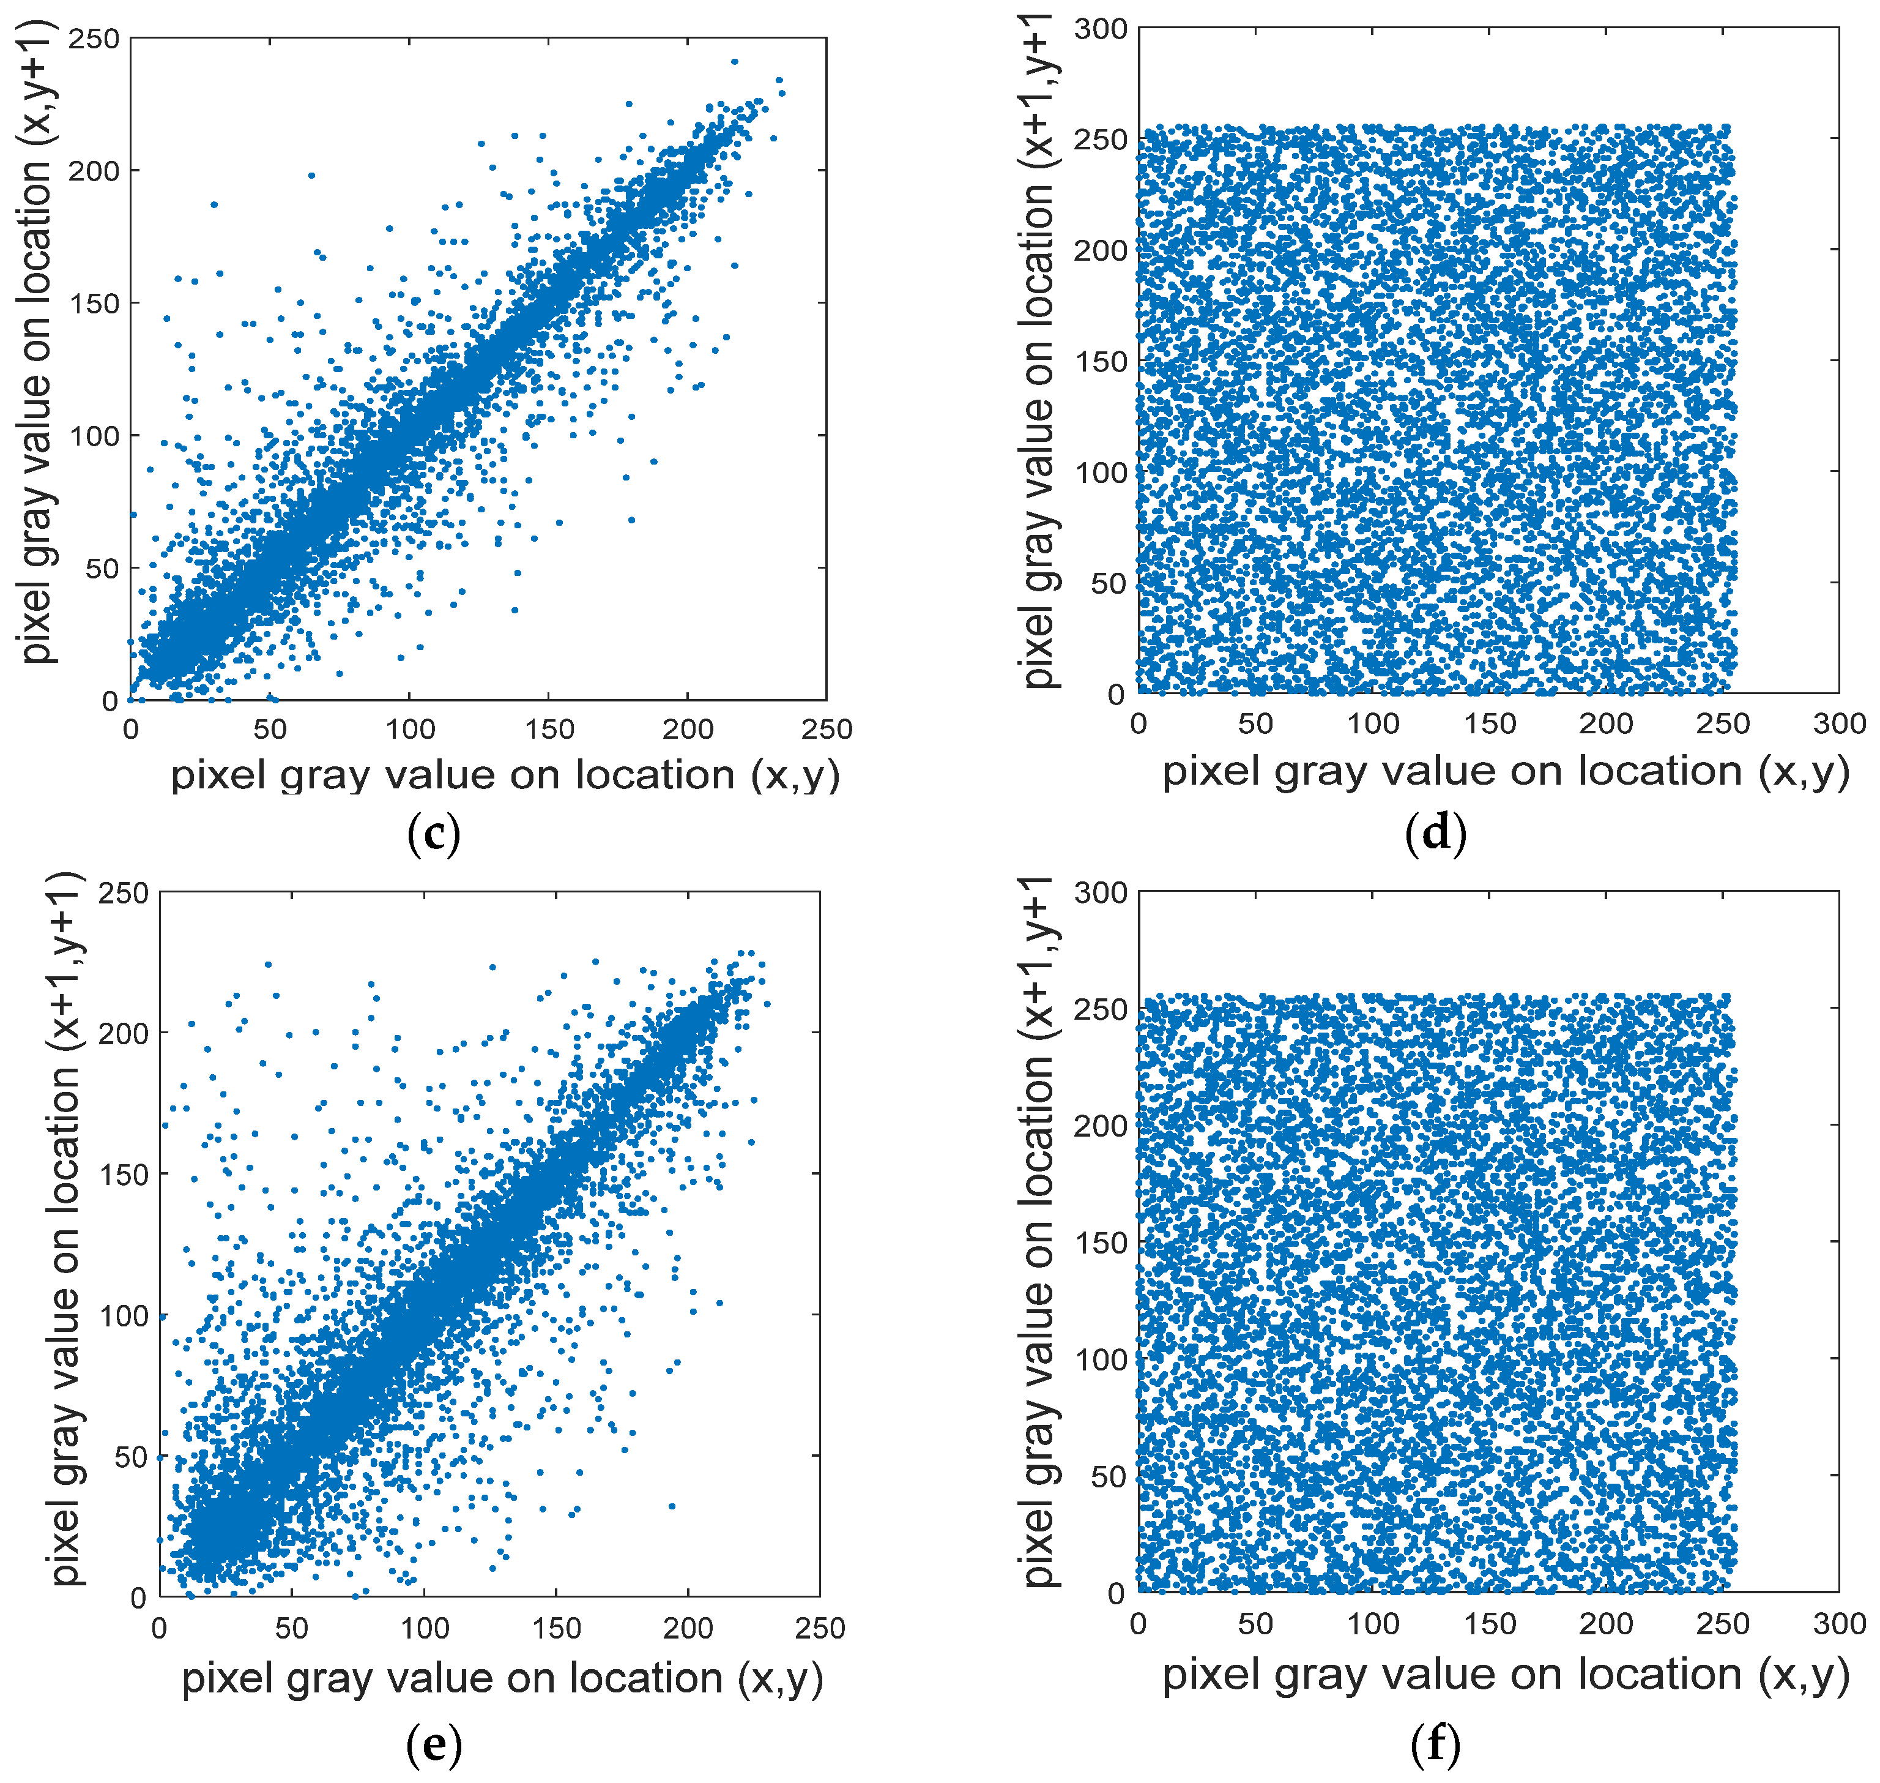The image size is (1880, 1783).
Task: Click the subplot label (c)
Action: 433,834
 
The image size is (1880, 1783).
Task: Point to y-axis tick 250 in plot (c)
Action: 94,39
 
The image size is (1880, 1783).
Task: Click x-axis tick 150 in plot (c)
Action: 549,729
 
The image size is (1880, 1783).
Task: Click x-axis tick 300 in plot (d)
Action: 1839,723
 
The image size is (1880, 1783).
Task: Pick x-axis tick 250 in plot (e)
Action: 819,1628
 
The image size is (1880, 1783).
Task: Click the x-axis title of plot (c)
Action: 505,775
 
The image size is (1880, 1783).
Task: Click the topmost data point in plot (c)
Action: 734,62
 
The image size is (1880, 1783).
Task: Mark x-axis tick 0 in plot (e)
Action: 160,1628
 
